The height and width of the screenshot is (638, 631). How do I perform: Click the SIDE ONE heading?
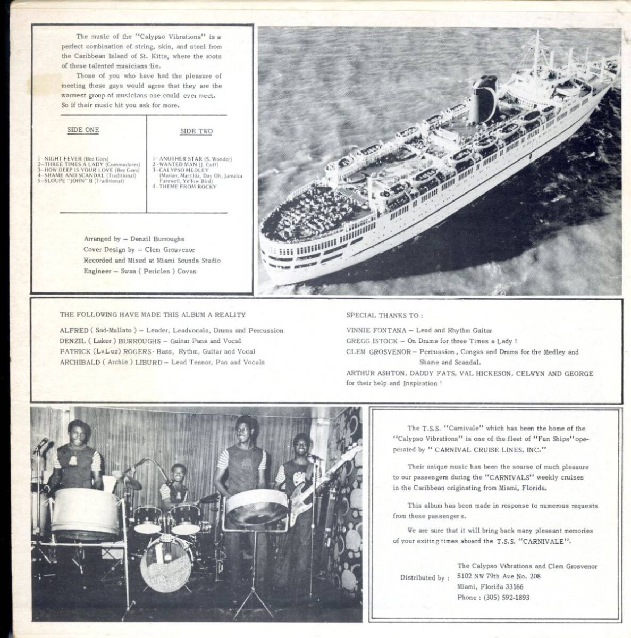[83, 130]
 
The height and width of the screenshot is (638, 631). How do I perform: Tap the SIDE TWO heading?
[196, 131]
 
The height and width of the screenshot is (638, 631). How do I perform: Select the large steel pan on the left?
[85, 511]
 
